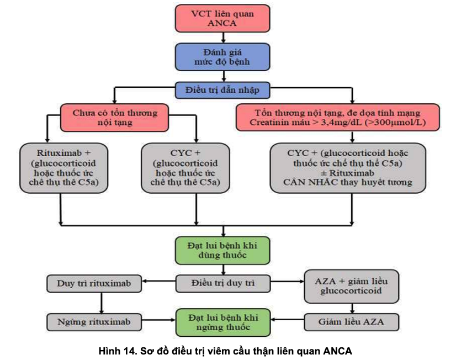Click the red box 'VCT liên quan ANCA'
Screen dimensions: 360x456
click(222, 18)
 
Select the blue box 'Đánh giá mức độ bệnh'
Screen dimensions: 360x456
click(222, 57)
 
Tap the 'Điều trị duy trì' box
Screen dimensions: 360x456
click(223, 284)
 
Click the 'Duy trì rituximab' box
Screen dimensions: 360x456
click(94, 284)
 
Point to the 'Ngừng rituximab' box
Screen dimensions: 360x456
click(94, 321)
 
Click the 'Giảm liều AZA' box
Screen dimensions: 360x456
click(351, 321)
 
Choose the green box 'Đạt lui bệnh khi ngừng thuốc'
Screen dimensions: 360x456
click(223, 322)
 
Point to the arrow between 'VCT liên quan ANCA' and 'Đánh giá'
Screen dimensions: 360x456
click(223, 38)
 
